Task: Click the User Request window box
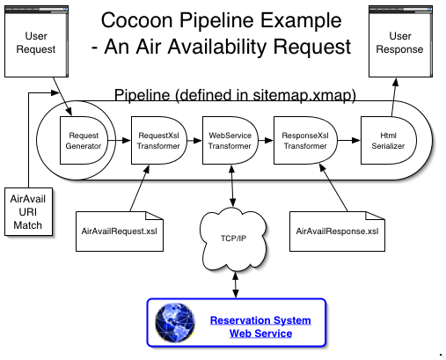pyautogui.click(x=36, y=41)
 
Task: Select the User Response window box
pyautogui.click(x=400, y=41)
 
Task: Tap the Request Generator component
pyautogui.click(x=84, y=140)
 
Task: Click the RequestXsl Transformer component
pyautogui.click(x=158, y=140)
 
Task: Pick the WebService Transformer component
pyautogui.click(x=230, y=140)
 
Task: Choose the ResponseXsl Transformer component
pyautogui.click(x=305, y=140)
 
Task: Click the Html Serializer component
pyautogui.click(x=388, y=140)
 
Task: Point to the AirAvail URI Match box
pyautogui.click(x=28, y=212)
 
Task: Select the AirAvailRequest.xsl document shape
pyautogui.click(x=120, y=231)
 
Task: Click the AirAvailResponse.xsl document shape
pyautogui.click(x=337, y=231)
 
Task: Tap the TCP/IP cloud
pyautogui.click(x=233, y=239)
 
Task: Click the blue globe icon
pyautogui.click(x=175, y=322)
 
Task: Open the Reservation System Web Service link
pyautogui.click(x=260, y=327)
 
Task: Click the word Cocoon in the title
pyautogui.click(x=137, y=20)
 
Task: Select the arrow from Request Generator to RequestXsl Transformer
pyautogui.click(x=120, y=140)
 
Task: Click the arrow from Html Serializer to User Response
pyautogui.click(x=394, y=97)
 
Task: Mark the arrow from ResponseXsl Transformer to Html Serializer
pyautogui.click(x=349, y=140)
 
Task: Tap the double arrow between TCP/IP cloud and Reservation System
pyautogui.click(x=236, y=284)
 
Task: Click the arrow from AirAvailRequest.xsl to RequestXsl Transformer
pyautogui.click(x=140, y=187)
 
